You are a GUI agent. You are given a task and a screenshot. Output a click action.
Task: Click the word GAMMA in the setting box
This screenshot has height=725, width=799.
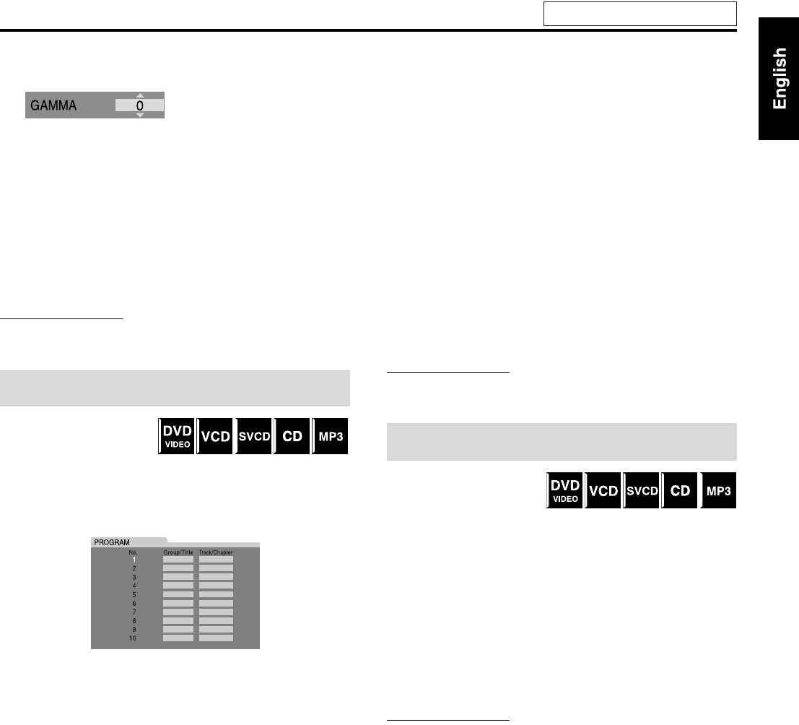[x=55, y=105]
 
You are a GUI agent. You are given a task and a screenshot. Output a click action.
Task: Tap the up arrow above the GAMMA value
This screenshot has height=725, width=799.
[x=140, y=95]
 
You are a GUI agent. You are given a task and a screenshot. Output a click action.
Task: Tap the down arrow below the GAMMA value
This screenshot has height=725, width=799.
[x=140, y=115]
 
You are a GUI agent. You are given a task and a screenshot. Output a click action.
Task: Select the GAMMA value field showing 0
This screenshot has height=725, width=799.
[x=140, y=105]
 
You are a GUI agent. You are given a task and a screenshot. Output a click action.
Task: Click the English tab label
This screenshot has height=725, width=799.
[x=780, y=79]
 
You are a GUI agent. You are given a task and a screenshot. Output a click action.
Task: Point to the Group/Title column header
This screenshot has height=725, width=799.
[x=178, y=552]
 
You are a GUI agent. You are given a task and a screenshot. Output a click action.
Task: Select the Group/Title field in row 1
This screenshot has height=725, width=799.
[x=178, y=559]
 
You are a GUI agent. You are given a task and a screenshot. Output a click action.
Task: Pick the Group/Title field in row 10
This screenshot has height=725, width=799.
[x=178, y=638]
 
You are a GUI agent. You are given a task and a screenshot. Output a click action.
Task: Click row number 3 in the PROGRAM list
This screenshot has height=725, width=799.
[x=134, y=577]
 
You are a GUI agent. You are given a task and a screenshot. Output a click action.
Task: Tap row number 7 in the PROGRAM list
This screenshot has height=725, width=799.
[x=134, y=612]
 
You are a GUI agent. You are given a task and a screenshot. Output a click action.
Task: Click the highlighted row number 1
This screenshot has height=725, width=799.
[x=134, y=560]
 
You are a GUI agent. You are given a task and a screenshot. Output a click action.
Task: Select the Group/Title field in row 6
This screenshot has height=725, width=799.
[x=178, y=603]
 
